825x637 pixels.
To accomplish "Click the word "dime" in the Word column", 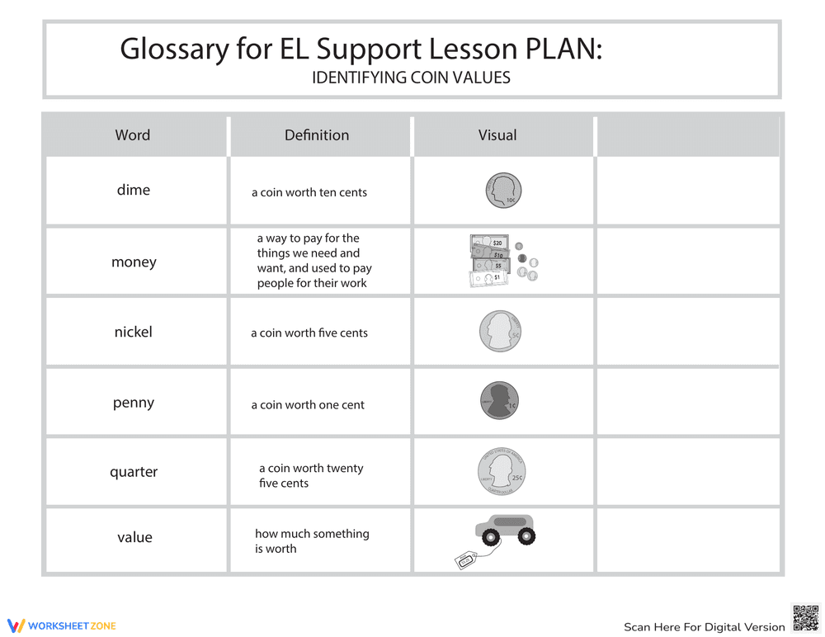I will tap(134, 190).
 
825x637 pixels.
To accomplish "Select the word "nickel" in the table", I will tap(134, 332).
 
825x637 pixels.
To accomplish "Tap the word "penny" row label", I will tap(134, 403).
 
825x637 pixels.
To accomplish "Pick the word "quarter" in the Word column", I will tap(134, 472).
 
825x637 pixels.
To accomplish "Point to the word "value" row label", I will tap(134, 537).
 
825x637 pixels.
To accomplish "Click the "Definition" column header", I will tap(317, 135).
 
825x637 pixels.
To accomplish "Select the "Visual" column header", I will tap(497, 135).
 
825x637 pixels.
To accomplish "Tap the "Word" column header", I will tap(133, 135).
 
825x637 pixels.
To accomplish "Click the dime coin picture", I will tap(503, 191).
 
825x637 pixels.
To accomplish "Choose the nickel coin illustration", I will tap(501, 332).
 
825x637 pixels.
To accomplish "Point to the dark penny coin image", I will tap(498, 401).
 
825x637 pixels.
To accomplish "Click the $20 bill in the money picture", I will tap(490, 243).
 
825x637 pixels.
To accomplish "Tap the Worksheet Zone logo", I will tap(61, 625).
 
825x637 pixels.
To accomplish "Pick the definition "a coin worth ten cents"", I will tap(309, 192).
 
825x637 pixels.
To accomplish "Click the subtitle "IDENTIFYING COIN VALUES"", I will tap(411, 78).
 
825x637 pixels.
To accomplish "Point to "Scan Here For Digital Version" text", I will tap(704, 627).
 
